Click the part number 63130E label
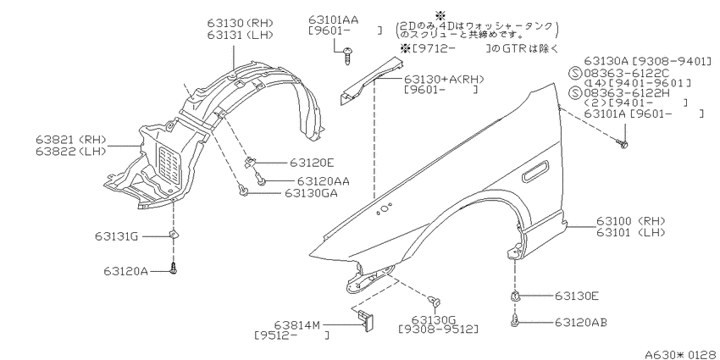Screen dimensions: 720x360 (576, 296)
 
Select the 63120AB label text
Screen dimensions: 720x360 (580, 323)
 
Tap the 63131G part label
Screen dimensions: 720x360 (117, 236)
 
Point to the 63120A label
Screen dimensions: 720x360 (125, 271)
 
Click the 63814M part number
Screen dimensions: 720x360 (297, 325)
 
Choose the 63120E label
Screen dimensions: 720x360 (312, 163)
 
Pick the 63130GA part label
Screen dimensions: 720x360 (312, 193)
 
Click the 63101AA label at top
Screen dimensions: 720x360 (334, 19)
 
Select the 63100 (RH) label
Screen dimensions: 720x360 (631, 221)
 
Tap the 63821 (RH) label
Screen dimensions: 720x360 (70, 139)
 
